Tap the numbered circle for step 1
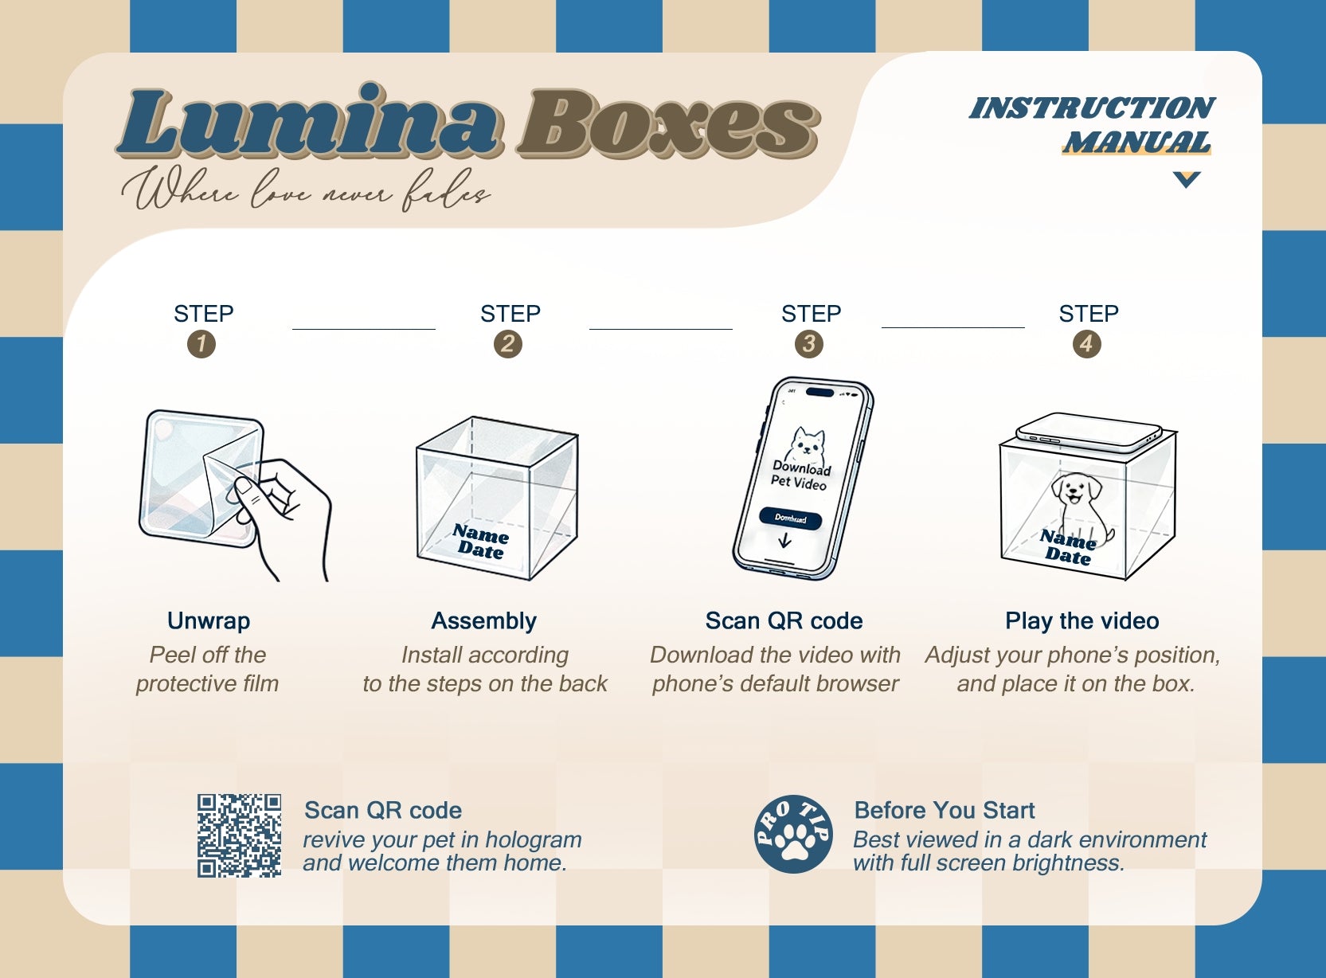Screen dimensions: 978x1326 (x=201, y=344)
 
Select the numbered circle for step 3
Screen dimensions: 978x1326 (x=809, y=344)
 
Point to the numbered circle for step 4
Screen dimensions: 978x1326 (x=1086, y=344)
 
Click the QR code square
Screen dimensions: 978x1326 (x=239, y=835)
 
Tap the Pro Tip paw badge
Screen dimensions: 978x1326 (x=793, y=834)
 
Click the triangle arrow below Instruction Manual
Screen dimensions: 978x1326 (x=1186, y=180)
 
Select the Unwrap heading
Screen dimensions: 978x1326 (x=209, y=621)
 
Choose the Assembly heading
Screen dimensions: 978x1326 (x=484, y=621)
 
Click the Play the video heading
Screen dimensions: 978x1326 (x=1082, y=621)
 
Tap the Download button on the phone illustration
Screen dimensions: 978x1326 (x=791, y=518)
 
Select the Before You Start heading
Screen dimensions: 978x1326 (x=944, y=811)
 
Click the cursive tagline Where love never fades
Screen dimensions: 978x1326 (x=306, y=190)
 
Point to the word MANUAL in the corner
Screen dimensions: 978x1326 (x=1137, y=143)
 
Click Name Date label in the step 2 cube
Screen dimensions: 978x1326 (x=480, y=542)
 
